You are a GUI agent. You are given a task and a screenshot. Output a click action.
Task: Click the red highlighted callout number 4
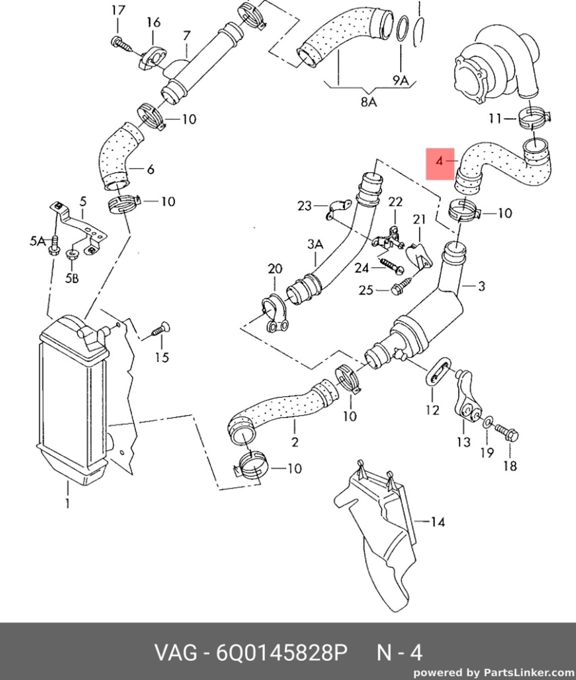[x=440, y=161]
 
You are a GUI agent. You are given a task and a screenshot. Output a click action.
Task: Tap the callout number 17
[x=118, y=11]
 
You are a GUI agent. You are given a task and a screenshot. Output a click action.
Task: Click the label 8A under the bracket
[x=369, y=102]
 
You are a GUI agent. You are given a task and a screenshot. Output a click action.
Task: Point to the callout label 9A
[x=401, y=80]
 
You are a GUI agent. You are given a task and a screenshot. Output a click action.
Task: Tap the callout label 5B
[x=72, y=278]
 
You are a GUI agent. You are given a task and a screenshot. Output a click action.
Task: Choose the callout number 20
[x=275, y=269]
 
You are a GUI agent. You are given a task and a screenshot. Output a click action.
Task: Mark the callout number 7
[x=186, y=36]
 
